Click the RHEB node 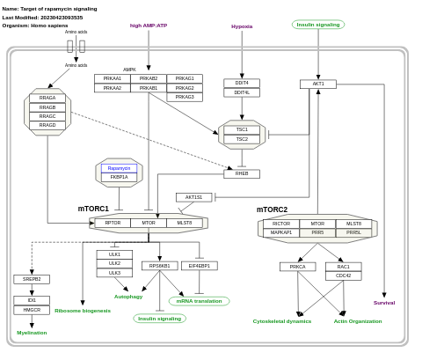tap(242, 173)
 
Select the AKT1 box tap(317, 84)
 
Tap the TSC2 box tap(242, 139)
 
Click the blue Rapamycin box tap(119, 167)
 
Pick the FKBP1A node tap(119, 177)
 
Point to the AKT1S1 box tap(193, 197)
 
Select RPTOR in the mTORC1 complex tap(113, 223)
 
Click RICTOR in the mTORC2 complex tap(281, 224)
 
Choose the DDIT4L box tap(242, 92)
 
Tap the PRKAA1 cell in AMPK tap(113, 78)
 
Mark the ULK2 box tap(114, 263)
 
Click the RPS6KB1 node tap(159, 265)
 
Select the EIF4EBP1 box tap(199, 265)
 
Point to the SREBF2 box tap(32, 279)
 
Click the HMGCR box tap(32, 310)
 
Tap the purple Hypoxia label tap(242, 26)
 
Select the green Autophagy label tap(128, 297)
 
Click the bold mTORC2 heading tap(272, 209)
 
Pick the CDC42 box tap(343, 276)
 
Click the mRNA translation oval tap(199, 301)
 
